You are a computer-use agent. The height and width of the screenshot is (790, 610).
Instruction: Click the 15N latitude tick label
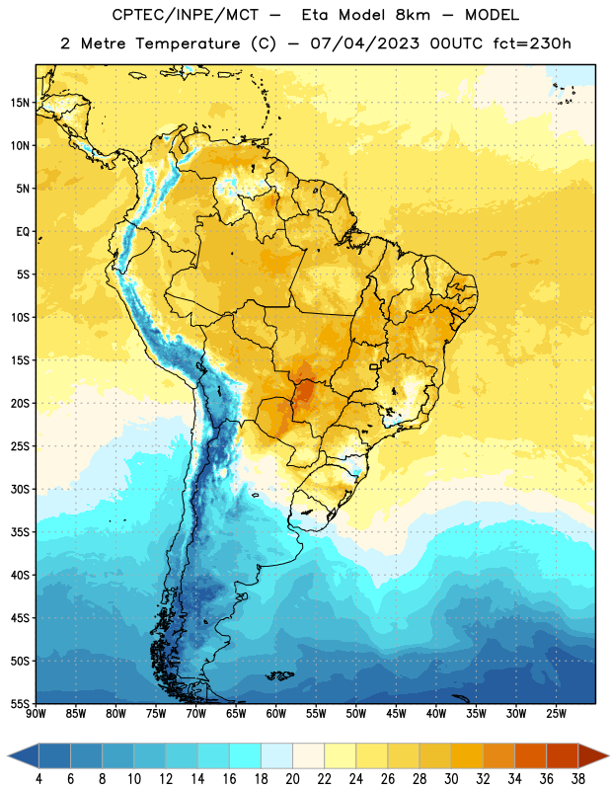pos(20,103)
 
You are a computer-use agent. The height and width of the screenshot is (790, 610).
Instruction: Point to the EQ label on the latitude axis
pos(23,232)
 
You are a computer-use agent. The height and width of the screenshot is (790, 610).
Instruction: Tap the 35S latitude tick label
pos(20,532)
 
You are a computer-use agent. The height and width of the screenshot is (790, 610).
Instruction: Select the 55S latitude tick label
pos(20,703)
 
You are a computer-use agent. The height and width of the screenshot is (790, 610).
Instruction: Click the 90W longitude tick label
pos(36,714)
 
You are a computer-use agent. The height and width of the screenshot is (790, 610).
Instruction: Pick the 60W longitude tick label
pos(276,714)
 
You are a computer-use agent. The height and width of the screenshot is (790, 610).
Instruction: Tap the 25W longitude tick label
pos(556,714)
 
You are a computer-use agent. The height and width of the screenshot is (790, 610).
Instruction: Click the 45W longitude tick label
pos(396,714)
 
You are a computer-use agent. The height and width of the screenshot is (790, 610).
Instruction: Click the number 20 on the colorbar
pos(292,779)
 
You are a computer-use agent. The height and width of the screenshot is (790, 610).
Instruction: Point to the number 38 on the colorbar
pos(577,779)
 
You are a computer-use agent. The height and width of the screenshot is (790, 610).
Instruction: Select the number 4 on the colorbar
pos(38,779)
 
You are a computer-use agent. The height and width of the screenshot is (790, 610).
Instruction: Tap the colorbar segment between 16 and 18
pos(246,755)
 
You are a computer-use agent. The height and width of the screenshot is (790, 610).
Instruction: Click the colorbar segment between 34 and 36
pos(530,755)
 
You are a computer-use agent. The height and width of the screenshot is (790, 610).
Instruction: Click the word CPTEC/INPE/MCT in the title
pos(185,15)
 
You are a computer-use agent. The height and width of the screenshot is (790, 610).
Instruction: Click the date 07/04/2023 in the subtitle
pos(364,43)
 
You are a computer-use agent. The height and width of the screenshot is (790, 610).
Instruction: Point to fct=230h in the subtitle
pos(532,43)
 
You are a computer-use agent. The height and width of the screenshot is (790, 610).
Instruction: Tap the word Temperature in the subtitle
pos(188,43)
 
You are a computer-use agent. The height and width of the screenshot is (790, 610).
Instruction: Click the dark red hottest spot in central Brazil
pos(304,390)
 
